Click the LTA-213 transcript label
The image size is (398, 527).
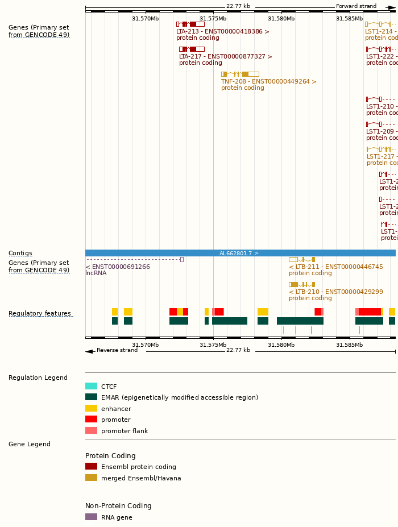click(x=223, y=31)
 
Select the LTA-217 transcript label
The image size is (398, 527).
click(x=225, y=56)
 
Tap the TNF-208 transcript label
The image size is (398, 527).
click(x=268, y=81)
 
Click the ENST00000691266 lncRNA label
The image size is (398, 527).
click(x=118, y=267)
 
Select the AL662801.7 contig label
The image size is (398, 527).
click(x=239, y=253)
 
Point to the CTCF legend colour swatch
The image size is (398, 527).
click(x=91, y=387)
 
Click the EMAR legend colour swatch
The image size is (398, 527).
click(x=91, y=397)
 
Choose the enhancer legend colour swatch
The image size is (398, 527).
click(x=91, y=408)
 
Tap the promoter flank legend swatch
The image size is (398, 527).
click(x=91, y=430)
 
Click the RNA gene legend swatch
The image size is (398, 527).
click(x=91, y=517)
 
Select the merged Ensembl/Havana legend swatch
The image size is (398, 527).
click(x=91, y=478)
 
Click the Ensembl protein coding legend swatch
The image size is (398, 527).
click(x=91, y=467)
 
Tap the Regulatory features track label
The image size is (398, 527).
click(x=40, y=314)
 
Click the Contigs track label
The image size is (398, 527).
click(x=20, y=254)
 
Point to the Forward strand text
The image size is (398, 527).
click(x=356, y=6)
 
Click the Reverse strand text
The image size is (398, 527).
click(x=117, y=350)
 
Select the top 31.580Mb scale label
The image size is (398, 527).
click(x=281, y=18)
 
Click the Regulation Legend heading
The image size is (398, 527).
click(x=38, y=377)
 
